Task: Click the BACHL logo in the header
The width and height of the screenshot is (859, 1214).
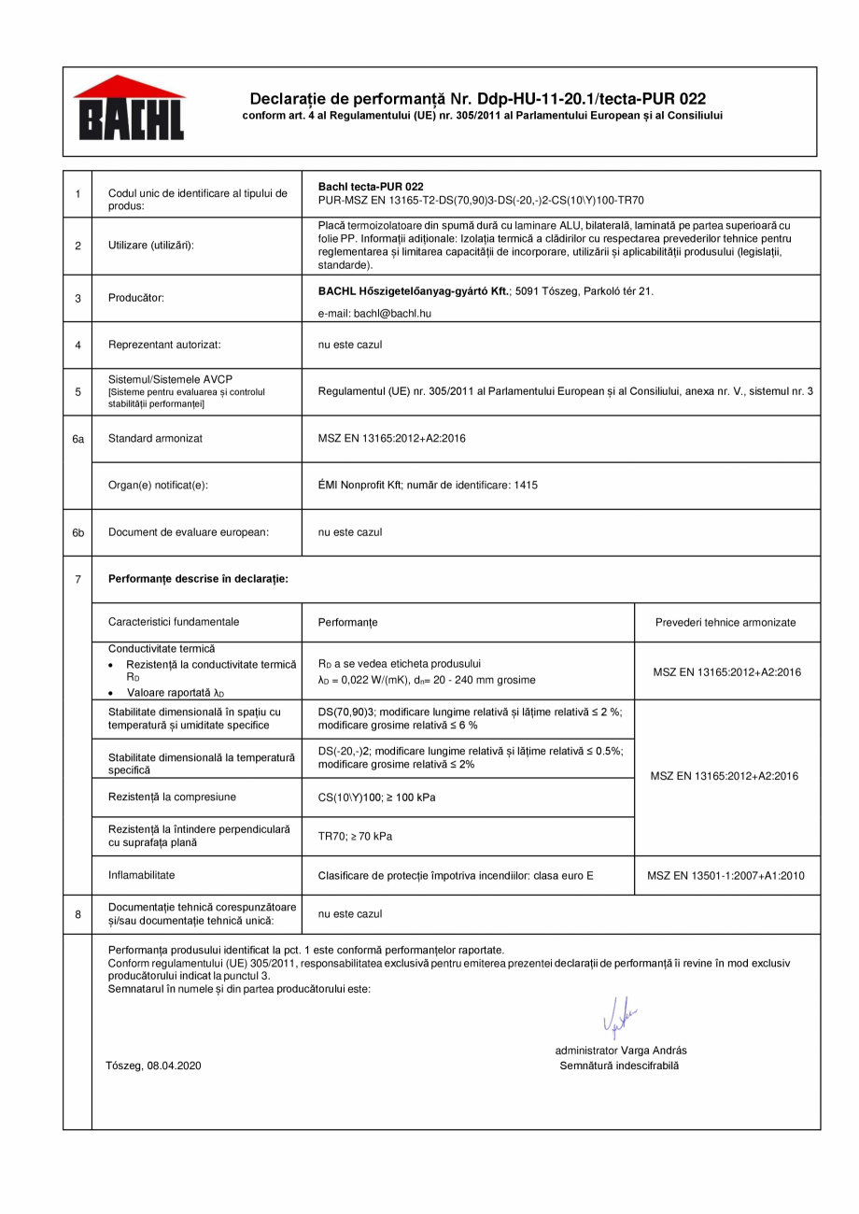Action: tap(129, 109)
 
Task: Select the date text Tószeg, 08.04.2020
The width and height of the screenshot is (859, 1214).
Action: tap(154, 1065)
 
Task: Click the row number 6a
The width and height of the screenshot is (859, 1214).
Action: tap(78, 438)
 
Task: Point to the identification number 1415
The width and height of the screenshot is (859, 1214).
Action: tap(525, 485)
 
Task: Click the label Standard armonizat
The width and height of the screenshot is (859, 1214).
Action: tap(156, 438)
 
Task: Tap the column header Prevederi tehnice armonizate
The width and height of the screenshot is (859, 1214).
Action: tap(725, 622)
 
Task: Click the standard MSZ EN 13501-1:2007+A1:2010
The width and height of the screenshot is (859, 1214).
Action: tap(725, 875)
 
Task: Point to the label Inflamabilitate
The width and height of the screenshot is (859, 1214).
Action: tap(142, 875)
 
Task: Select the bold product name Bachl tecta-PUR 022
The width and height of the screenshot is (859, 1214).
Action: tap(371, 187)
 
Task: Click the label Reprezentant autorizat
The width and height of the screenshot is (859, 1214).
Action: tap(164, 345)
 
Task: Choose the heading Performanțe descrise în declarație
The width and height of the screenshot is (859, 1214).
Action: tap(198, 579)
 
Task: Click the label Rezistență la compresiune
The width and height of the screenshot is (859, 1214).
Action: tap(172, 797)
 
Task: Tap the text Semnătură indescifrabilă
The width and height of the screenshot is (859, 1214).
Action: tap(619, 1065)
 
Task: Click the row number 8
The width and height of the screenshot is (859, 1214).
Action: tap(78, 914)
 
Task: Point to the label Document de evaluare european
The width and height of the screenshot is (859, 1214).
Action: tap(189, 532)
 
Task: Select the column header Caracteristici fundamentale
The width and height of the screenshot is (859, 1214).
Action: tap(174, 622)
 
